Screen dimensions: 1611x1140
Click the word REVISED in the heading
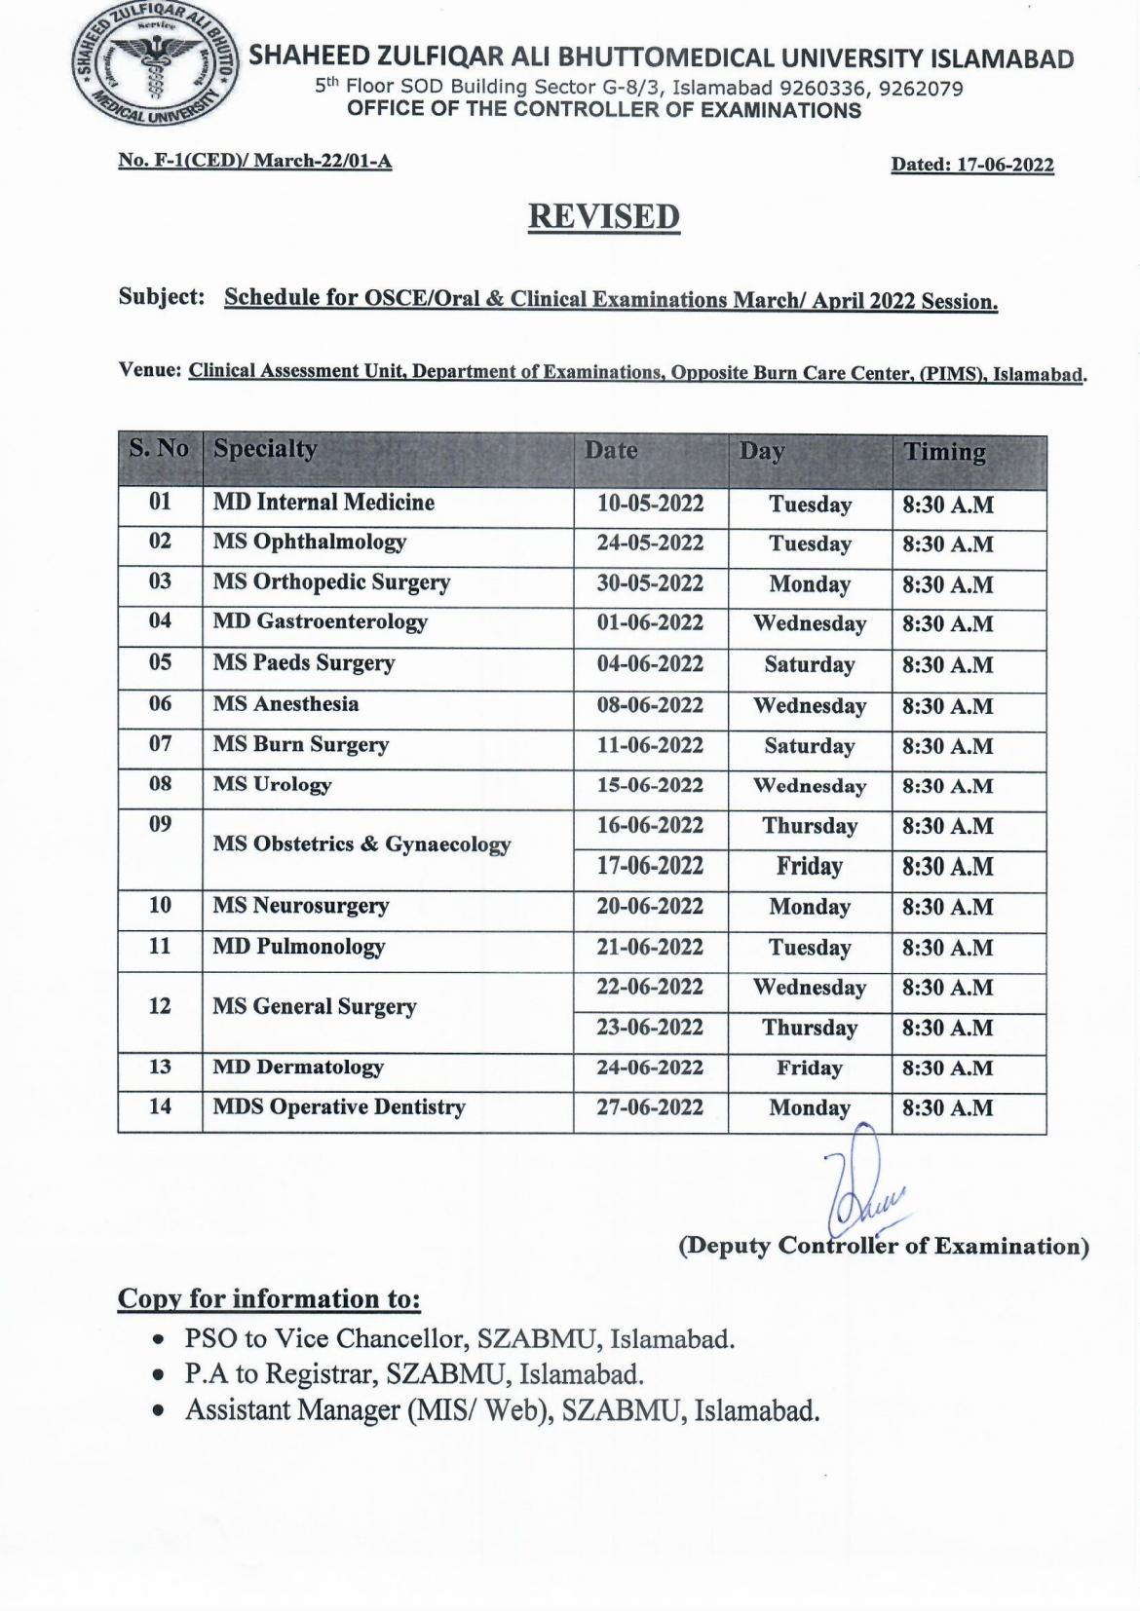click(x=603, y=216)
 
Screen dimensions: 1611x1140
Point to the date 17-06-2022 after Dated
click(x=1005, y=166)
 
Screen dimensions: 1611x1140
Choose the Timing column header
click(x=944, y=453)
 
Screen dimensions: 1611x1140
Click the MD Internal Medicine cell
click(x=323, y=503)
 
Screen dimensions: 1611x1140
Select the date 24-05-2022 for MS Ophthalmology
click(x=650, y=543)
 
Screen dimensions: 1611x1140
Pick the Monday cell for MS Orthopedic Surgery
click(x=809, y=584)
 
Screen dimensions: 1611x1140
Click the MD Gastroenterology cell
click(x=321, y=621)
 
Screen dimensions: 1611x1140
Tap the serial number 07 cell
click(x=160, y=744)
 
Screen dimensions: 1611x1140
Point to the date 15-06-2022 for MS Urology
click(x=650, y=785)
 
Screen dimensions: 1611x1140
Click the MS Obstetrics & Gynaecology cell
click(x=361, y=844)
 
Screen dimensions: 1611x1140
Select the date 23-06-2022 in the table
click(x=650, y=1028)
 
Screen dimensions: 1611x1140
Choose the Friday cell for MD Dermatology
click(x=809, y=1068)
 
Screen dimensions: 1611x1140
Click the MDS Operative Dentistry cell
click(x=339, y=1107)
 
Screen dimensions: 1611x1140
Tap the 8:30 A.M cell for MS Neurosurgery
click(x=947, y=907)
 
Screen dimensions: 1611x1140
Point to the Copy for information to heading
click(x=269, y=1299)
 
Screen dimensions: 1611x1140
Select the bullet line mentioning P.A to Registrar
click(x=415, y=1374)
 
